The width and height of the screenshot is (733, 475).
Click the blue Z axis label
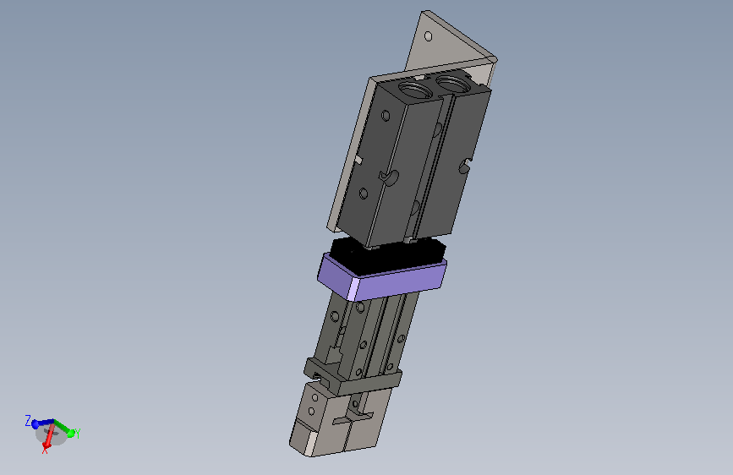pos(28,420)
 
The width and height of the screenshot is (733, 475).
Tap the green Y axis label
pos(78,434)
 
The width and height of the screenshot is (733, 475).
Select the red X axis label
pos(45,450)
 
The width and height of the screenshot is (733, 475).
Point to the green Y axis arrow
pos(63,428)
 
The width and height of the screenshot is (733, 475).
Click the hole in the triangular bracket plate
pos(428,36)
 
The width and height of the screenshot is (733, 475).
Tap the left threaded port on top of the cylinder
pos(414,87)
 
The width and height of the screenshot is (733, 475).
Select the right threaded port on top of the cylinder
pos(453,84)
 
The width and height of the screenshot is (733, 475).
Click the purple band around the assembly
pos(381,278)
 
